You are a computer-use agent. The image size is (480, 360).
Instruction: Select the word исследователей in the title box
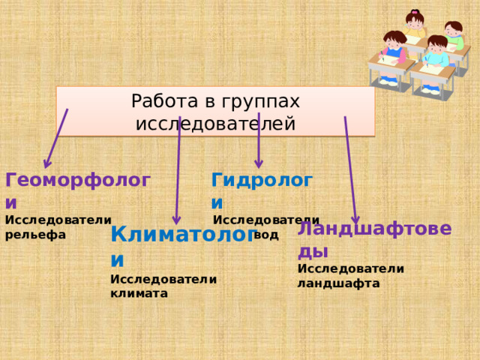tap(215, 123)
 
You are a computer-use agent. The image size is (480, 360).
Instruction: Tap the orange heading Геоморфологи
tap(78, 181)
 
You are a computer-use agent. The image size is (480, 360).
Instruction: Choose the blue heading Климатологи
tap(184, 234)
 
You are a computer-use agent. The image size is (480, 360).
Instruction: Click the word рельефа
tap(35, 235)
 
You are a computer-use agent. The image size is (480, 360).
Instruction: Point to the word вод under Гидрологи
tap(266, 235)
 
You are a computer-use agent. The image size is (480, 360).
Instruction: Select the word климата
tap(139, 294)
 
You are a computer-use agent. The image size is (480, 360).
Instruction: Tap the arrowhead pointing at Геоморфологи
tap(47, 163)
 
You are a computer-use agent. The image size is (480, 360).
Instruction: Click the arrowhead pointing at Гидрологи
tap(259, 163)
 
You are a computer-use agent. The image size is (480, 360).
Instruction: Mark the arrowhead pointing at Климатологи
tap(177, 219)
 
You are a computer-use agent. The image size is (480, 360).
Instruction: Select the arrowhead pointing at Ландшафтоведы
tap(355, 218)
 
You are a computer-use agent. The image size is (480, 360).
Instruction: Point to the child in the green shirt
tap(453, 34)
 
